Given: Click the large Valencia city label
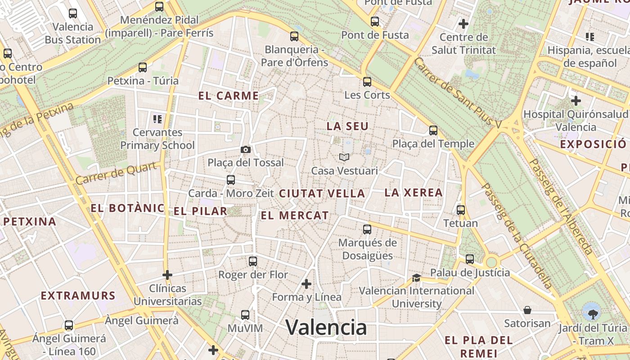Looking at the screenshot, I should pyautogui.click(x=326, y=327).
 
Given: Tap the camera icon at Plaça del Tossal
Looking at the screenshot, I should pyautogui.click(x=246, y=149).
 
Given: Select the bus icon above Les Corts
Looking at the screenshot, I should pyautogui.click(x=367, y=82).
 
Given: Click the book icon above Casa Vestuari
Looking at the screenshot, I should pyautogui.click(x=344, y=157).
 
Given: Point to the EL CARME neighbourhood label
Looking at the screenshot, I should pyautogui.click(x=229, y=96).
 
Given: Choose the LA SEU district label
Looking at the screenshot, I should pyautogui.click(x=347, y=126).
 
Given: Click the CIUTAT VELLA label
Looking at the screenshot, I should pyautogui.click(x=322, y=193).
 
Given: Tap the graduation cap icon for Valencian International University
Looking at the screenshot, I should pyautogui.click(x=416, y=278).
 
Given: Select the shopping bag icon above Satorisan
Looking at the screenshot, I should pyautogui.click(x=527, y=310).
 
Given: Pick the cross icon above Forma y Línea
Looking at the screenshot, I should pyautogui.click(x=306, y=284).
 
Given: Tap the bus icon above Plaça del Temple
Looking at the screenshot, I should pyautogui.click(x=433, y=130).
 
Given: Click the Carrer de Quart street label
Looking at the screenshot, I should pyautogui.click(x=118, y=174).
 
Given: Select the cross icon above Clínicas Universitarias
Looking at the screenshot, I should pyautogui.click(x=167, y=274).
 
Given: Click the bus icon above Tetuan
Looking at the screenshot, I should pyautogui.click(x=461, y=210).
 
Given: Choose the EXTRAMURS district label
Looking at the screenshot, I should pyautogui.click(x=78, y=296).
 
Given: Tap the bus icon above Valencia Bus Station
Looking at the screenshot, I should pyautogui.click(x=73, y=13).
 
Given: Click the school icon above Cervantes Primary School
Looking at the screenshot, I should pyautogui.click(x=157, y=119).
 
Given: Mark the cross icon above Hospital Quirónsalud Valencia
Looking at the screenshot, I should pyautogui.click(x=576, y=101).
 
